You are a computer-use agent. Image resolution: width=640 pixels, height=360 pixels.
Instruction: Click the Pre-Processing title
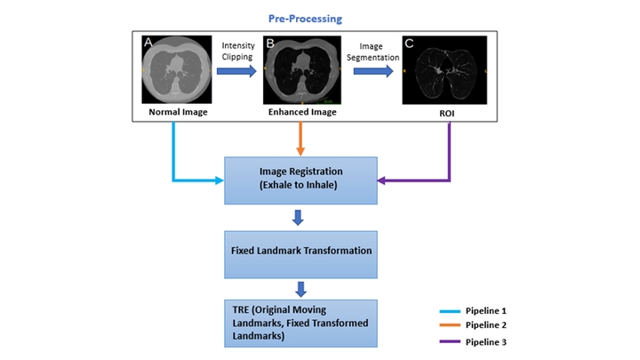[x=305, y=19]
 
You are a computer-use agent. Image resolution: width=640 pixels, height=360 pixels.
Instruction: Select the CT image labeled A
[x=177, y=69]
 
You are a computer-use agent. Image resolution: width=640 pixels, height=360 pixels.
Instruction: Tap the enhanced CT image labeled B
[x=302, y=70]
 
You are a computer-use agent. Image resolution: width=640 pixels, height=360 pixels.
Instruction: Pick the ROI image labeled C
[x=444, y=70]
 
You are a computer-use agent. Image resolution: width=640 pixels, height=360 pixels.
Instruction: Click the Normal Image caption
[x=178, y=112]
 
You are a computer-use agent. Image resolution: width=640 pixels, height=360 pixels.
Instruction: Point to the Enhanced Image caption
[x=302, y=112]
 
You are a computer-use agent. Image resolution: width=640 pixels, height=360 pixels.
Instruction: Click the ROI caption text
[x=446, y=114]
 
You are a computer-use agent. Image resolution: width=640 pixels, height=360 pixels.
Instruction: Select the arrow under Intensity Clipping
[x=236, y=71]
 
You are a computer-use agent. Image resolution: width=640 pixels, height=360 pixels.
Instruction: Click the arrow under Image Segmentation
[x=373, y=71]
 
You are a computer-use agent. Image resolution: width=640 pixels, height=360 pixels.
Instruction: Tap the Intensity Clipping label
[x=238, y=51]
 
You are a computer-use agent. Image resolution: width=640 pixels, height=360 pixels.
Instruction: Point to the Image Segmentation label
[x=373, y=52]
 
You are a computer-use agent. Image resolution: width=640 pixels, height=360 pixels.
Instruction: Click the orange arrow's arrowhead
[x=300, y=151]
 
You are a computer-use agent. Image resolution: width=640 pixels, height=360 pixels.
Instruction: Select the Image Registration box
[x=300, y=180]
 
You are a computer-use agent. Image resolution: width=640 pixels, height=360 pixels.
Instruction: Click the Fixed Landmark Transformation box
[x=300, y=255]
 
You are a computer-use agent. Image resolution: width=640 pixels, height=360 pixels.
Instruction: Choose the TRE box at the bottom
[x=300, y=324]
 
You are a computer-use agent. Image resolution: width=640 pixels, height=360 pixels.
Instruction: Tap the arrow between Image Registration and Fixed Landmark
[x=298, y=218]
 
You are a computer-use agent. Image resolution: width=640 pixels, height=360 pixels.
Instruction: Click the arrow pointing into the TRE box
[x=300, y=289]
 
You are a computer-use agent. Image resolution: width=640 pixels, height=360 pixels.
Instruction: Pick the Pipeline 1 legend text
[x=485, y=310]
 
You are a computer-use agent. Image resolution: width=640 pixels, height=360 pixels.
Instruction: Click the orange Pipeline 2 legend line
[x=450, y=325]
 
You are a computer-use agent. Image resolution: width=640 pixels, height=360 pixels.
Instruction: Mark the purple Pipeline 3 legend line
[x=450, y=341]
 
